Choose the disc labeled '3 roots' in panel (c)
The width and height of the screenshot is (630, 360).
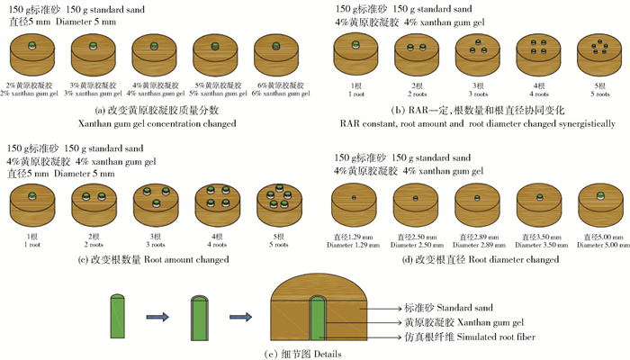point(155,205)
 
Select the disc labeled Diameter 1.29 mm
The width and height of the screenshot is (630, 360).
point(355,202)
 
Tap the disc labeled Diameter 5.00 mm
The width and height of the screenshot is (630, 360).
point(596,202)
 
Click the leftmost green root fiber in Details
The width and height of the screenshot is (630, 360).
point(115,318)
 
